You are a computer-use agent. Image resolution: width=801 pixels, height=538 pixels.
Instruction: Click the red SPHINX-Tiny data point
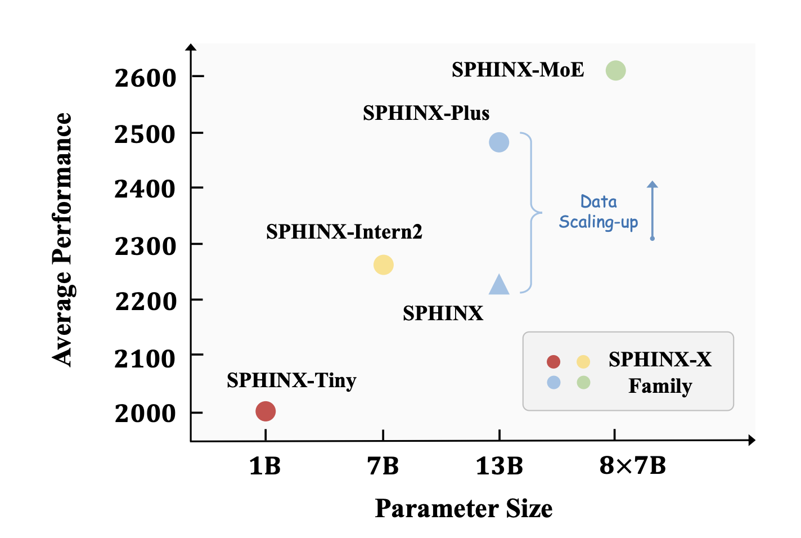point(265,411)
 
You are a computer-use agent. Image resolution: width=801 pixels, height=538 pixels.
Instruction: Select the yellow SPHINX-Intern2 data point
point(384,264)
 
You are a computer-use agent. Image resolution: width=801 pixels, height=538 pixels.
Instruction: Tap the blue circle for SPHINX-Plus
point(499,142)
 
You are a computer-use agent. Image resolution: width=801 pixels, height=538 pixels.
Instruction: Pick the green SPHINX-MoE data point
point(616,70)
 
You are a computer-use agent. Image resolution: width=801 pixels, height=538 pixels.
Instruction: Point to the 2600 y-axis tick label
point(145,78)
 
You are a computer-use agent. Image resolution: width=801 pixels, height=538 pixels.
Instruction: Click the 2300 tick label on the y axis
point(145,246)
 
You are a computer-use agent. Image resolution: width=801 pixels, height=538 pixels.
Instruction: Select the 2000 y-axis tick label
point(145,414)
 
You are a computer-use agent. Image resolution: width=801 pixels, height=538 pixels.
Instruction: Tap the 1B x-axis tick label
point(265,466)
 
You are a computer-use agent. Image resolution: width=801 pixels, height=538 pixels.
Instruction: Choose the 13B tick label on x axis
point(499,466)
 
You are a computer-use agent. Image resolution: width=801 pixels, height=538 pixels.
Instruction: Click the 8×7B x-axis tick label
point(633,466)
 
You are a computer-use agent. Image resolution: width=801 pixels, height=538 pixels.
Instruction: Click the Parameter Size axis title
point(463,508)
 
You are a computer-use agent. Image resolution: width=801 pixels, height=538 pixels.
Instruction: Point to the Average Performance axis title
point(62,239)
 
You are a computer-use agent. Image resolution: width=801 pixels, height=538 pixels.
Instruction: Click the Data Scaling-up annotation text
point(598,212)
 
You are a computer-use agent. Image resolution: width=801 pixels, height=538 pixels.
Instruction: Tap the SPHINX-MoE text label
point(517,70)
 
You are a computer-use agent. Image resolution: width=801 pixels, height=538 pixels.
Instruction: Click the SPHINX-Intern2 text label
point(344,232)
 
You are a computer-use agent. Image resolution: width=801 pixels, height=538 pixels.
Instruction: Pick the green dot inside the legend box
point(583,383)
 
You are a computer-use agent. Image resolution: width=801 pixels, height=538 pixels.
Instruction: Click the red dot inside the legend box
point(553,361)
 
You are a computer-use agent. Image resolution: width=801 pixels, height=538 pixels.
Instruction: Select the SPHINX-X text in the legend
point(660,359)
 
